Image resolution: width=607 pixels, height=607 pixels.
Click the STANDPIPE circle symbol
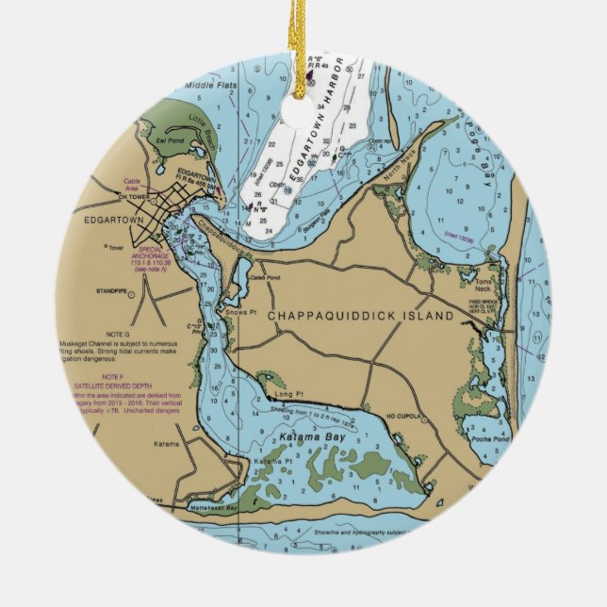(x=131, y=294)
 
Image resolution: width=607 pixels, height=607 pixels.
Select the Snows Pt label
(x=236, y=312)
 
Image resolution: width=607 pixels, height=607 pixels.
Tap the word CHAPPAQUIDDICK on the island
(x=339, y=316)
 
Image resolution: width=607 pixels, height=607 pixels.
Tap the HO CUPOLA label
(x=406, y=412)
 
